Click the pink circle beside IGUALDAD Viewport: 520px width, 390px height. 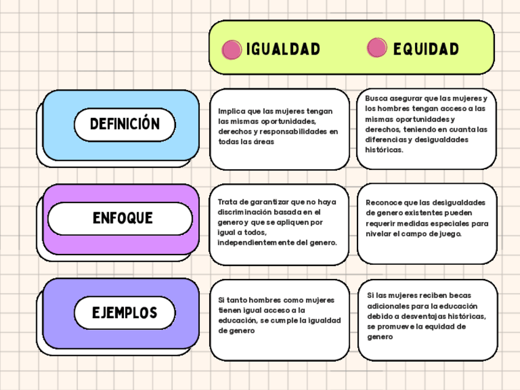pyautogui.click(x=232, y=50)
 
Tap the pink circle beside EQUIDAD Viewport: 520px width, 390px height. pyautogui.click(x=377, y=48)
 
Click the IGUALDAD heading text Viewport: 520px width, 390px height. pyautogui.click(x=283, y=49)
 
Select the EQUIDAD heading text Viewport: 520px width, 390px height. pyautogui.click(x=426, y=49)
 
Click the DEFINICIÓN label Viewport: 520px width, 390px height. pyautogui.click(x=124, y=124)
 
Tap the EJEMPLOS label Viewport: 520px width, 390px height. pyautogui.click(x=124, y=313)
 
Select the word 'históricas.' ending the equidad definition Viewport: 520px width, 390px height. pyautogui.click(x=384, y=150)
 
